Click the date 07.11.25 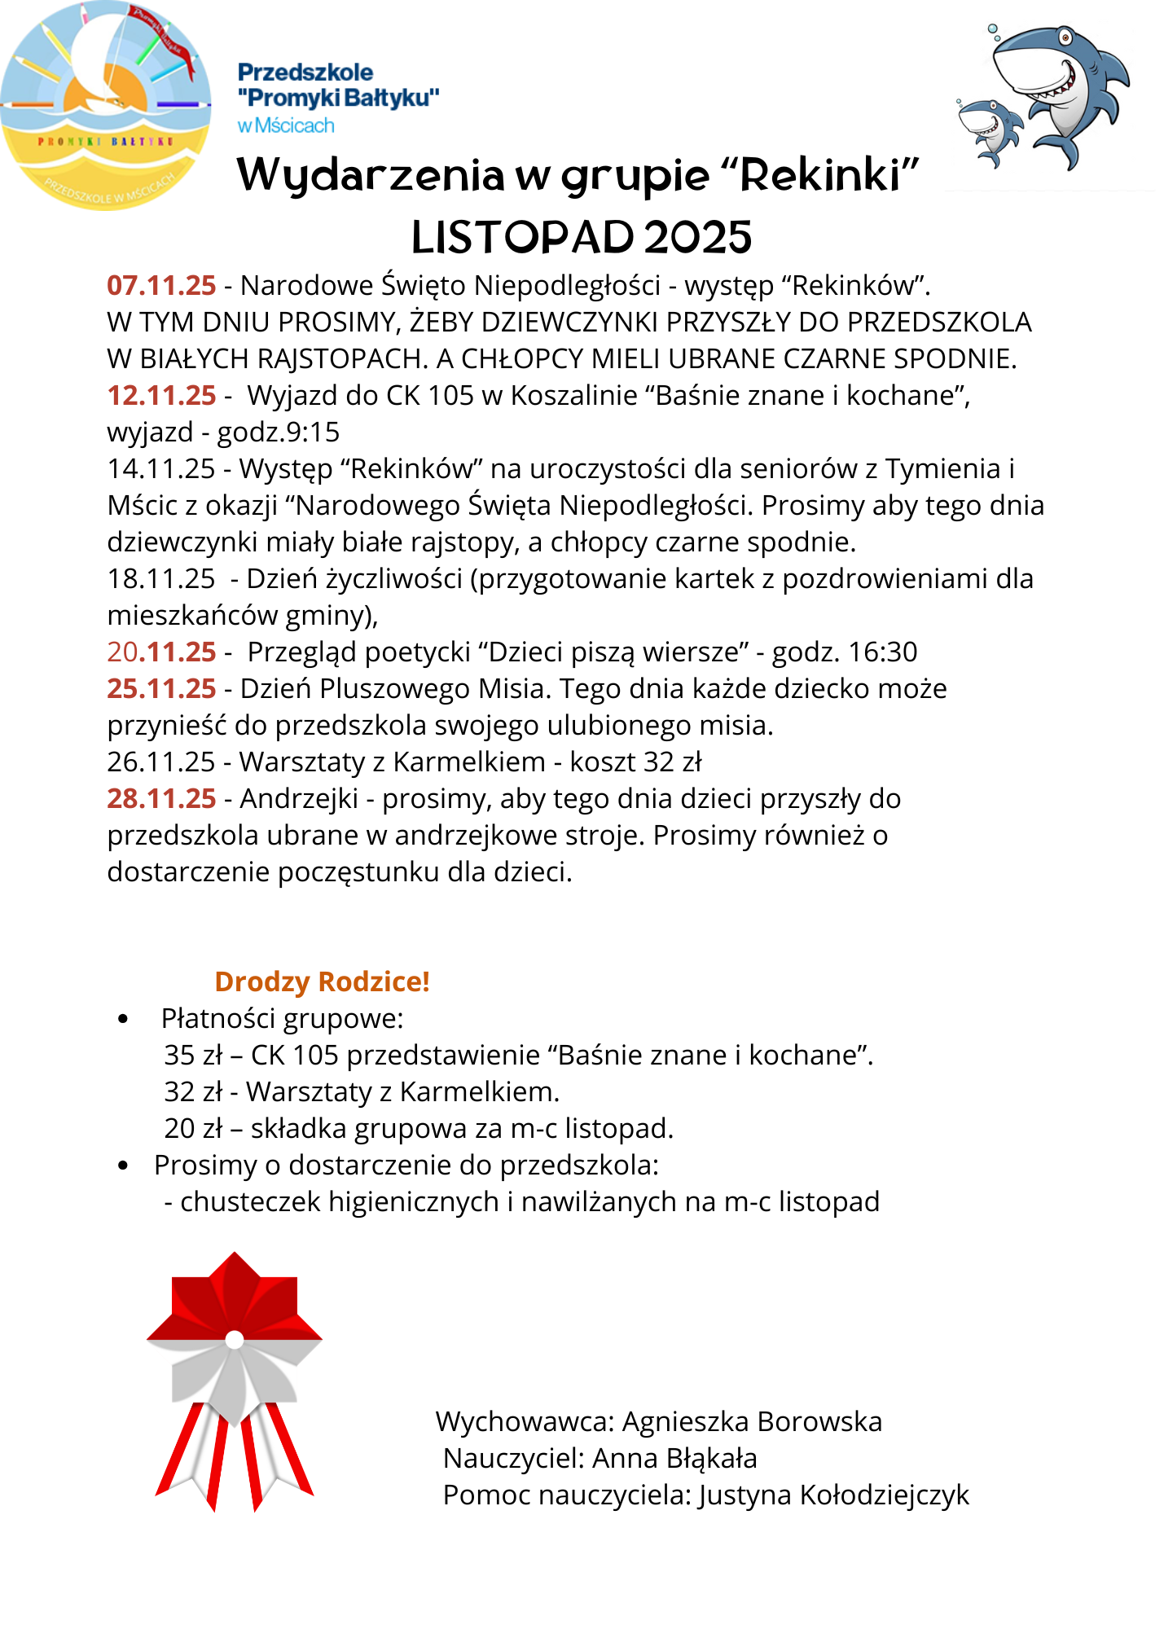[x=161, y=285]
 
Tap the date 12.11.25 [x=161, y=395]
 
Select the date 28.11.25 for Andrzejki [x=161, y=798]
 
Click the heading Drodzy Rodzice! [x=322, y=981]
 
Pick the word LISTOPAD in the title [x=522, y=237]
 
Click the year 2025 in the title [x=698, y=237]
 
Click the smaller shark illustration [x=990, y=130]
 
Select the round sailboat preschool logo [x=105, y=105]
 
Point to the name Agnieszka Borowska [x=752, y=1421]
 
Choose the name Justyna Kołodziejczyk [x=833, y=1495]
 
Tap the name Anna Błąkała [x=674, y=1458]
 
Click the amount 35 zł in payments [x=193, y=1055]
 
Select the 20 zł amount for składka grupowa [x=193, y=1128]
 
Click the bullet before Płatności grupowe [x=124, y=1019]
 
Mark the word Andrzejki [x=299, y=798]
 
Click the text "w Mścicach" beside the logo [x=286, y=125]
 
